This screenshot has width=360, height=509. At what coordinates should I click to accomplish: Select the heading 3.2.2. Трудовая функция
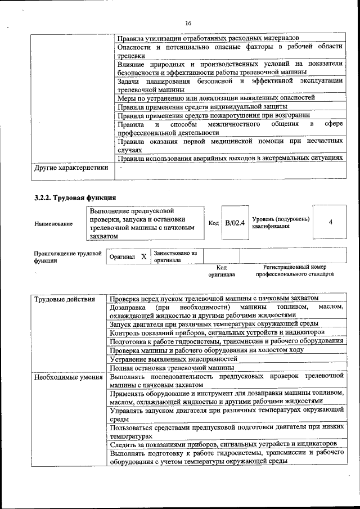pyautogui.click(x=75, y=197)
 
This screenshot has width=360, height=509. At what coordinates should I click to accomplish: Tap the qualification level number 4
pyautogui.click(x=330, y=222)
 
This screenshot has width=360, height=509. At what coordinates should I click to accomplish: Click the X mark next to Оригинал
pyautogui.click(x=143, y=256)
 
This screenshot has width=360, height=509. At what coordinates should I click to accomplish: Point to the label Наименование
pyautogui.click(x=53, y=224)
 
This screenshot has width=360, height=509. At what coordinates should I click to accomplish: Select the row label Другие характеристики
pyautogui.click(x=70, y=168)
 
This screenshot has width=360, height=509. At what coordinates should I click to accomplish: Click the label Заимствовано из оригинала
pyautogui.click(x=175, y=256)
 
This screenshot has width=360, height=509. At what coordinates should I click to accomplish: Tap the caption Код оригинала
pyautogui.click(x=221, y=271)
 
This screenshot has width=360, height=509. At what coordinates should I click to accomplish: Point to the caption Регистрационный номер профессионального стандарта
pyautogui.click(x=295, y=271)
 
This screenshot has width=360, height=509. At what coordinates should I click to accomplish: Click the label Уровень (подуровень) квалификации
pyautogui.click(x=280, y=222)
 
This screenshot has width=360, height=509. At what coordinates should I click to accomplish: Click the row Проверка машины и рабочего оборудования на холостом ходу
pyautogui.click(x=206, y=349)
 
